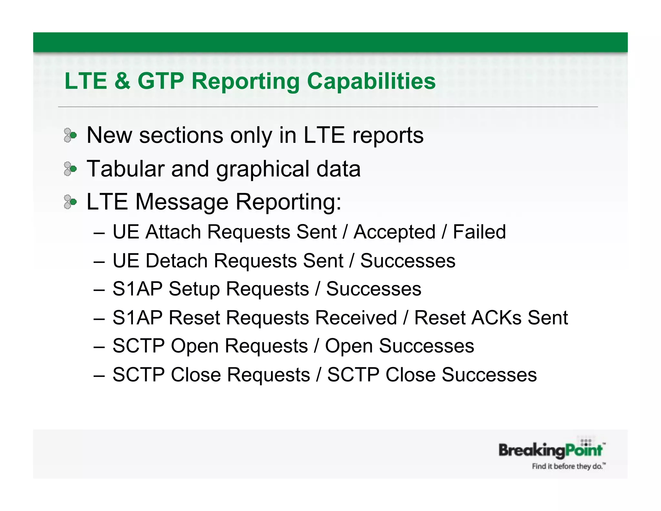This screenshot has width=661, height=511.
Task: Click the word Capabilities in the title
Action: tap(371, 81)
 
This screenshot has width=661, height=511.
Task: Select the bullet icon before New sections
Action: tap(70, 135)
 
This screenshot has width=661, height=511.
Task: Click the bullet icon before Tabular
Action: tap(70, 169)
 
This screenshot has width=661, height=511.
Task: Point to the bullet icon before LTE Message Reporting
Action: tap(70, 202)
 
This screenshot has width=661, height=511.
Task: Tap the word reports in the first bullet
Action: tap(388, 136)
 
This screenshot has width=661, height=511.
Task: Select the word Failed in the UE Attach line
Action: tap(479, 232)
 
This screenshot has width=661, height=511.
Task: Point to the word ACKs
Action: tap(496, 318)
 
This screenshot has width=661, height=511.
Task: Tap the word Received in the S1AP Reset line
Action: tap(356, 318)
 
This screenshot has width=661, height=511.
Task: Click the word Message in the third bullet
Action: tap(182, 202)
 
